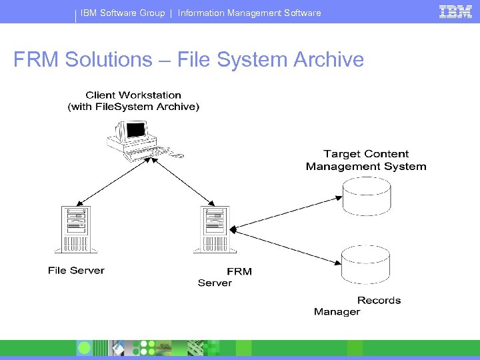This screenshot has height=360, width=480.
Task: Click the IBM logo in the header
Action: coord(455,11)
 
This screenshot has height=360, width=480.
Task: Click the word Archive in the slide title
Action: coord(328,60)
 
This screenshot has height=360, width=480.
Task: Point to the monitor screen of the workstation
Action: coord(136,129)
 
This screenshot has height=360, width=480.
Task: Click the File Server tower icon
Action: coord(75,230)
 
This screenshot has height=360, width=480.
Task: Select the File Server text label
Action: coord(76,271)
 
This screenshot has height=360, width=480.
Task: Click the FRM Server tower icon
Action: coord(215,230)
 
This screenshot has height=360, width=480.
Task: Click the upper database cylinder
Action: coord(366,197)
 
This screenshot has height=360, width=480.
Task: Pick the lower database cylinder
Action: coord(366,265)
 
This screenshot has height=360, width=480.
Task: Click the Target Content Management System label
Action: coord(366,161)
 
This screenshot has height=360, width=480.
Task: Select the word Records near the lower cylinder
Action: coord(379,301)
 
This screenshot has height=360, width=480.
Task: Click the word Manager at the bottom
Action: coord(337,311)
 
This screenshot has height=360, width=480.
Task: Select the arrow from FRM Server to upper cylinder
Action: coord(287,213)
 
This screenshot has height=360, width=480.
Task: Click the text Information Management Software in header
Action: coord(249,13)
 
